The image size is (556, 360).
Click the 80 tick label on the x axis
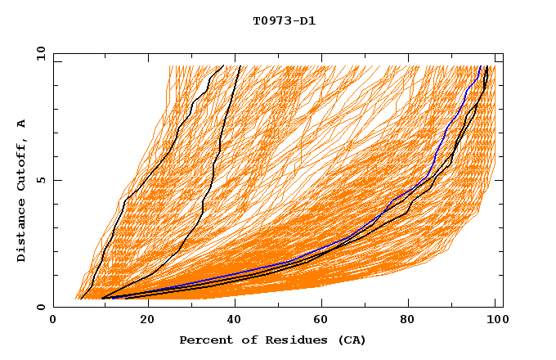[x=412, y=322]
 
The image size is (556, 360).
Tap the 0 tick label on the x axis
[x=53, y=322]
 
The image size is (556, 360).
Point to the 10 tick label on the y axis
[x=40, y=53]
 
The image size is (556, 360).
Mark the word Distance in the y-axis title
[x=21, y=228]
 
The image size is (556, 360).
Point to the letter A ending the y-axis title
[x=21, y=123]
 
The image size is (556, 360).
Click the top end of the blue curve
[x=480, y=66]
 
